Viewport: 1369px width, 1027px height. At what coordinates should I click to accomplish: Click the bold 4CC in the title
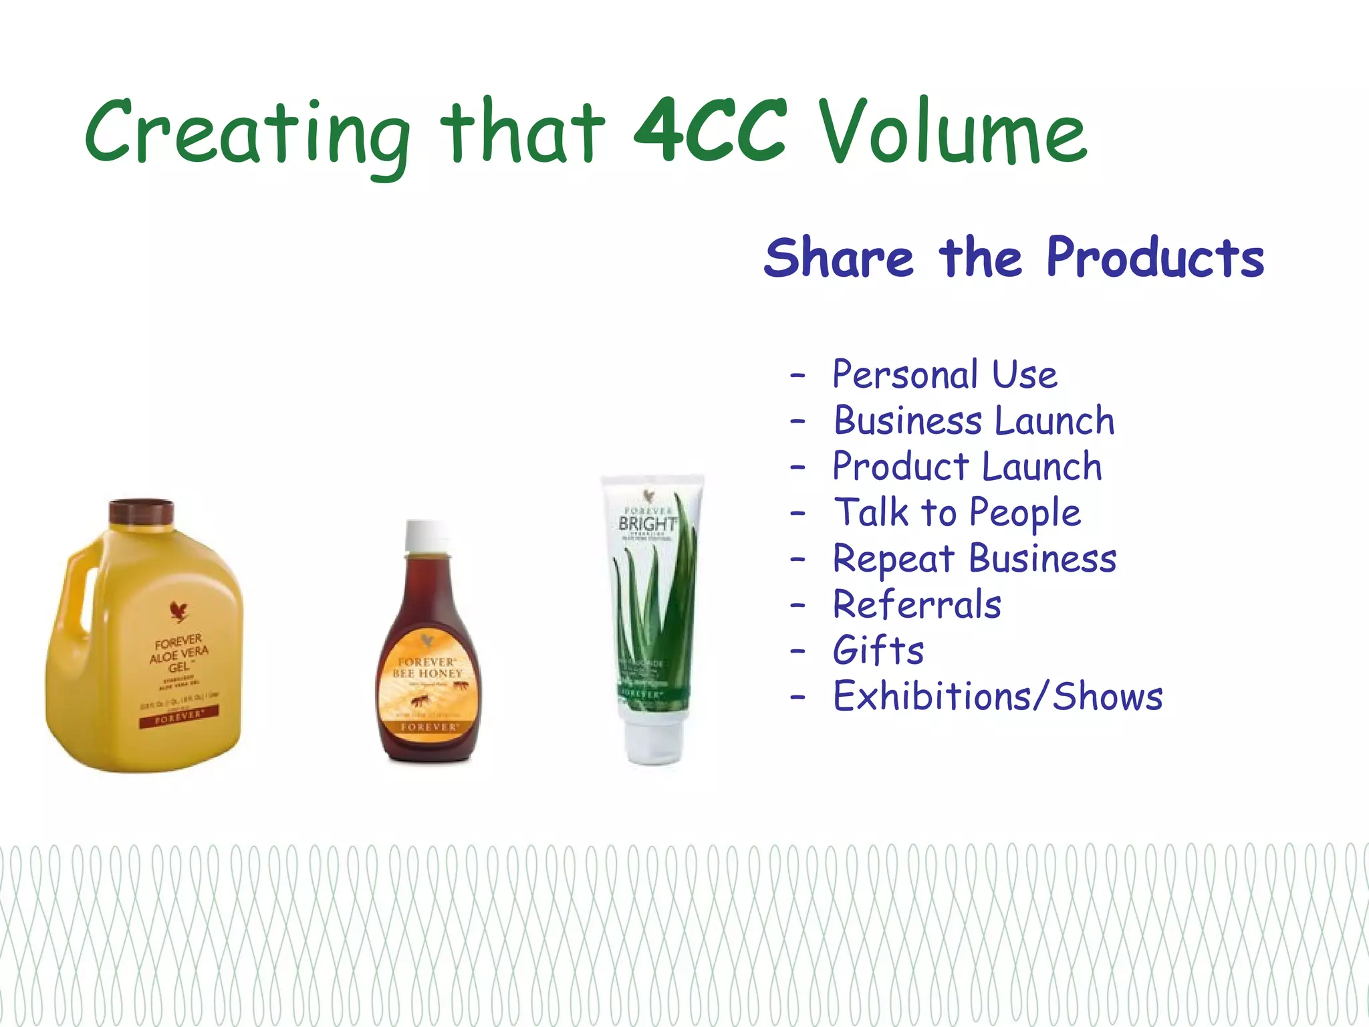710,132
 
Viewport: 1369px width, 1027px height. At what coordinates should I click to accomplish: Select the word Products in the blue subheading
1155,258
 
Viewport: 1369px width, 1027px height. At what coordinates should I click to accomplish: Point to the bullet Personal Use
945,374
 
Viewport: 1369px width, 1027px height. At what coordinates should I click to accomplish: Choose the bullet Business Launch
974,421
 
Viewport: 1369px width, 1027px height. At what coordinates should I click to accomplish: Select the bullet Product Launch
967,467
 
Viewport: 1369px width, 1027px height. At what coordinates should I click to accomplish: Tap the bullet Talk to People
957,513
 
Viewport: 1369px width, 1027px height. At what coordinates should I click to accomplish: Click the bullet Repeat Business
974,559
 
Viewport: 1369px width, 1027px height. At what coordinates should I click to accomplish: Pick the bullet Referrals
916,604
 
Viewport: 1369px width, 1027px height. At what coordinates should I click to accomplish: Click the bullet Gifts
878,651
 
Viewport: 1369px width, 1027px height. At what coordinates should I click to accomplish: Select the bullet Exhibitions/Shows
997,697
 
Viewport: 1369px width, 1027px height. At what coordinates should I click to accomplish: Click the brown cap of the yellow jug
142,512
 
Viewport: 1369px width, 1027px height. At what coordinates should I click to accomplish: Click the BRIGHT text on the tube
646,524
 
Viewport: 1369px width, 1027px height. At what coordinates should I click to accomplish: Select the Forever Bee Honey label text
427,668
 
